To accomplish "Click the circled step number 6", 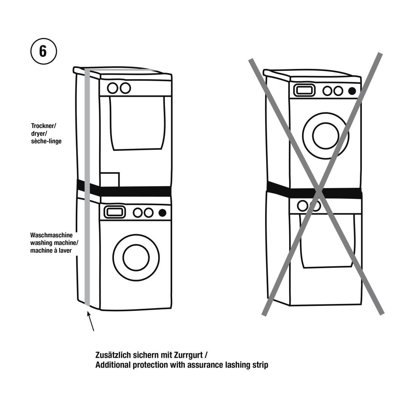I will [43, 51].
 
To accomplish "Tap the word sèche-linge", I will [46, 141].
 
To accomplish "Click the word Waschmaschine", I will [51, 235].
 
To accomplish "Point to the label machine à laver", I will [51, 251].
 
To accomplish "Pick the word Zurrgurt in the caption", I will [189, 355].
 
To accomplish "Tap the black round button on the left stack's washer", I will [163, 213].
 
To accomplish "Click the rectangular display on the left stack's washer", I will [115, 212].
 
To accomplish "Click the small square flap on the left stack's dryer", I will [110, 179].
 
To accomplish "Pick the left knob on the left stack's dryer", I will [112, 88].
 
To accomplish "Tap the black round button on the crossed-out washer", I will [352, 91].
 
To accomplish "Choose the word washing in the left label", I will [41, 243].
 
